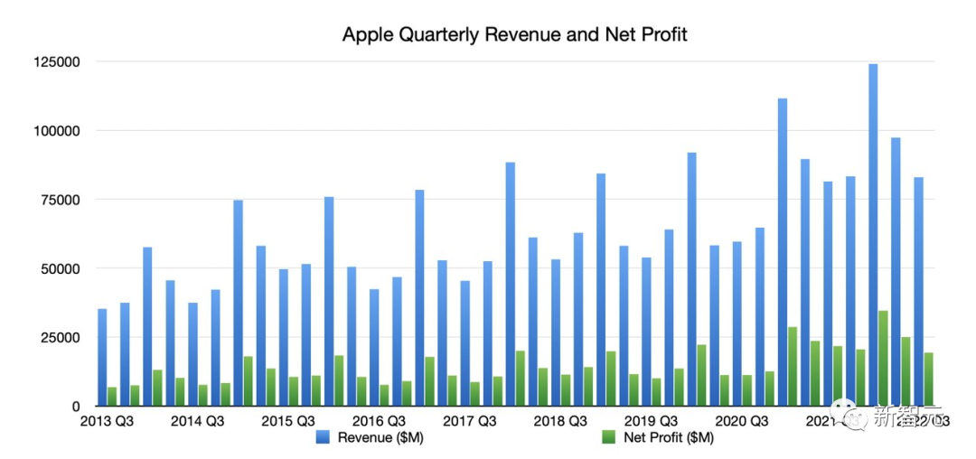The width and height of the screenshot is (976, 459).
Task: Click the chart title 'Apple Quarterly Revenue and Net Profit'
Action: click(514, 35)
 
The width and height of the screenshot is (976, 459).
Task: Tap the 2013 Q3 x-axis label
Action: click(107, 421)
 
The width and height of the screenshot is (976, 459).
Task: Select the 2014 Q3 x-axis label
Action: click(197, 421)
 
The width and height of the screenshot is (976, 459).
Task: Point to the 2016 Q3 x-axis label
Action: click(379, 421)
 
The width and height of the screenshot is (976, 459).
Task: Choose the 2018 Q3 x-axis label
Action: click(560, 421)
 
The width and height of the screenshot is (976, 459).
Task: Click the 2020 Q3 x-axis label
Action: click(741, 421)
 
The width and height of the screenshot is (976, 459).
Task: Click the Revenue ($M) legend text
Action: click(380, 438)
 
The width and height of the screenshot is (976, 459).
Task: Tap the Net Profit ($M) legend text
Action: click(670, 438)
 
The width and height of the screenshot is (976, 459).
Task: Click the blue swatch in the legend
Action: click(323, 438)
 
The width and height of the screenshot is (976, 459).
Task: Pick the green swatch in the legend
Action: click(610, 438)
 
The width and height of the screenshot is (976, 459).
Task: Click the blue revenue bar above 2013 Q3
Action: click(102, 358)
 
